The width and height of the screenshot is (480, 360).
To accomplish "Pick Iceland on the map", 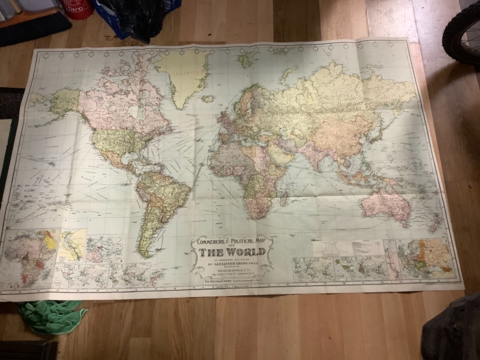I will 207,98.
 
